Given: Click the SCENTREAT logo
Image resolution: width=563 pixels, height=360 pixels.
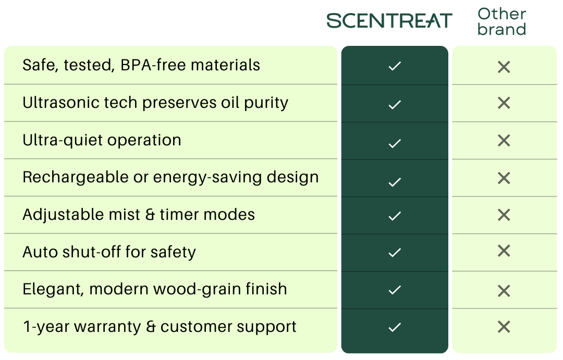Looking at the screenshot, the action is tap(389, 21).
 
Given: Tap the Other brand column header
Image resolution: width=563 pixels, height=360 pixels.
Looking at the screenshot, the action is tap(501, 21).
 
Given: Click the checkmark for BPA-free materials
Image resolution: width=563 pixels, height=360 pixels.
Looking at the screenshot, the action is tap(395, 66).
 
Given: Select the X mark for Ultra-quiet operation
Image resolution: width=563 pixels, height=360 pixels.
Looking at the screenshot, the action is tap(504, 140).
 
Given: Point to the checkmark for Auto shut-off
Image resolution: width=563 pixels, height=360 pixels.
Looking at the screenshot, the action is tap(395, 253).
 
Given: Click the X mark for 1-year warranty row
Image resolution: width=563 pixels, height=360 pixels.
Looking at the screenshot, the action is tap(504, 327).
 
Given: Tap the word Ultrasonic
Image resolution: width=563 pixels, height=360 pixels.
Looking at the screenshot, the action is tap(62, 103).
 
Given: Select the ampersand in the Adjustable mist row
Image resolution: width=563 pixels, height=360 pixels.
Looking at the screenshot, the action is tap(150, 215).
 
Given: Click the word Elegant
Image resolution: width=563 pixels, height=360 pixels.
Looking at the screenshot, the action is tap(53, 290).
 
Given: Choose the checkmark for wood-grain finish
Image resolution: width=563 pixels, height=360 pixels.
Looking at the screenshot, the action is tap(395, 290).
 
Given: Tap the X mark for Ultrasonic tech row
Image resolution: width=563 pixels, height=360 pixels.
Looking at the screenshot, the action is tap(504, 103).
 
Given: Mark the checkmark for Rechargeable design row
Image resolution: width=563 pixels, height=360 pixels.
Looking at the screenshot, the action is tap(395, 182).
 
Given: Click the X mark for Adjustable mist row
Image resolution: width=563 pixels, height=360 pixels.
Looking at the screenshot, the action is tap(504, 215).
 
